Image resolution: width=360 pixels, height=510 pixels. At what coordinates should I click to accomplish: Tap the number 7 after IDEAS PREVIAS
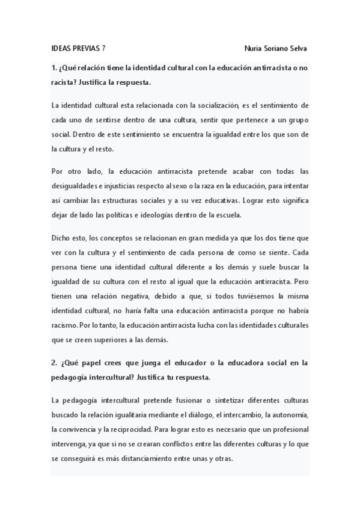[104, 48]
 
